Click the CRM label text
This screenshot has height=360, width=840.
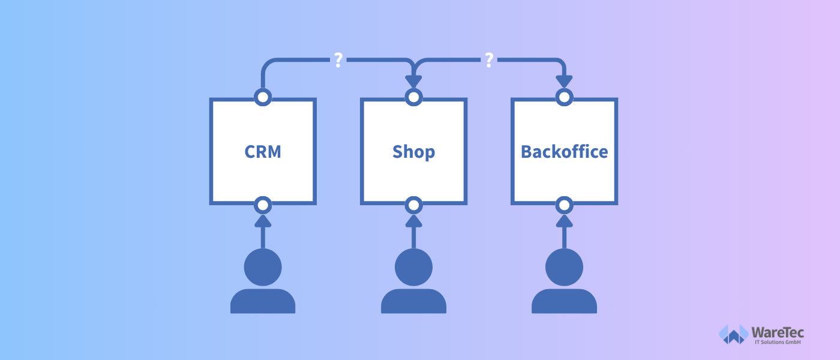(x=263, y=152)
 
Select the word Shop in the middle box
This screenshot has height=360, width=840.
(x=413, y=152)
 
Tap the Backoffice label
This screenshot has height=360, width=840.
(x=565, y=152)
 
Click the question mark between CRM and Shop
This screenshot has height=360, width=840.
(x=338, y=60)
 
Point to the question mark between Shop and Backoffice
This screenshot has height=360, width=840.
(x=489, y=60)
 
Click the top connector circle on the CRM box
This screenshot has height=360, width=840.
(x=263, y=97)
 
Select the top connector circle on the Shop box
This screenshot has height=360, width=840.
(x=413, y=97)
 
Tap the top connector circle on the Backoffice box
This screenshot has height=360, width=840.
(x=565, y=97)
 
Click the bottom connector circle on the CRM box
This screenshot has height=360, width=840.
(x=263, y=205)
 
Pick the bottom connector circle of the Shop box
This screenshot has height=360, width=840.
(x=413, y=205)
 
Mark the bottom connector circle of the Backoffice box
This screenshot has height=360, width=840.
(x=565, y=205)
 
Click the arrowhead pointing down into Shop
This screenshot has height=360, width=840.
(x=413, y=82)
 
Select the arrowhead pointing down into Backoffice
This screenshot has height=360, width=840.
(x=565, y=82)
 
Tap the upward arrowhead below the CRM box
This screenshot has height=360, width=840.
(x=263, y=221)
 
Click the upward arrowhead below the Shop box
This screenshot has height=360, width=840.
(x=413, y=221)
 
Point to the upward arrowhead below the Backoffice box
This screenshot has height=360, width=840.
(x=565, y=221)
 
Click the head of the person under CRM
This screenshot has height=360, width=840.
(x=263, y=267)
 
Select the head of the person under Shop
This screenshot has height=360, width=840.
(x=413, y=267)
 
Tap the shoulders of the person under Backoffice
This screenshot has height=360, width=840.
(x=565, y=301)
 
